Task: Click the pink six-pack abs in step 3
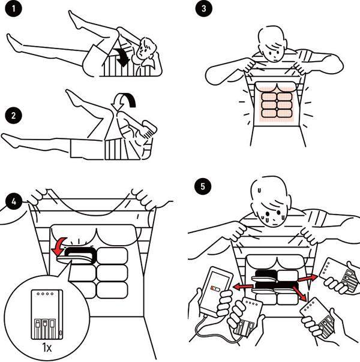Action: pyautogui.click(x=275, y=104)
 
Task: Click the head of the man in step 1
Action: pyautogui.click(x=146, y=51)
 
